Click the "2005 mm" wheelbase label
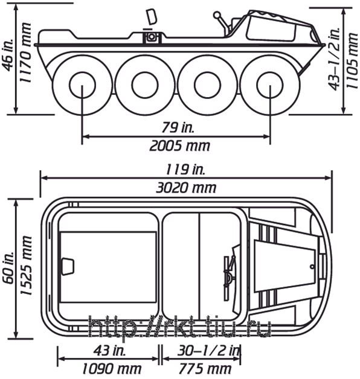point(179,146)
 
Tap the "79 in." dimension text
point(178,127)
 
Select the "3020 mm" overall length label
point(186,188)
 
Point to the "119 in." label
point(185,170)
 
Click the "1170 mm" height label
point(25,53)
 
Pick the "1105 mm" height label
point(352,60)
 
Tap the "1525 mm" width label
point(26,265)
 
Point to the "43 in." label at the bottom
point(109,351)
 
